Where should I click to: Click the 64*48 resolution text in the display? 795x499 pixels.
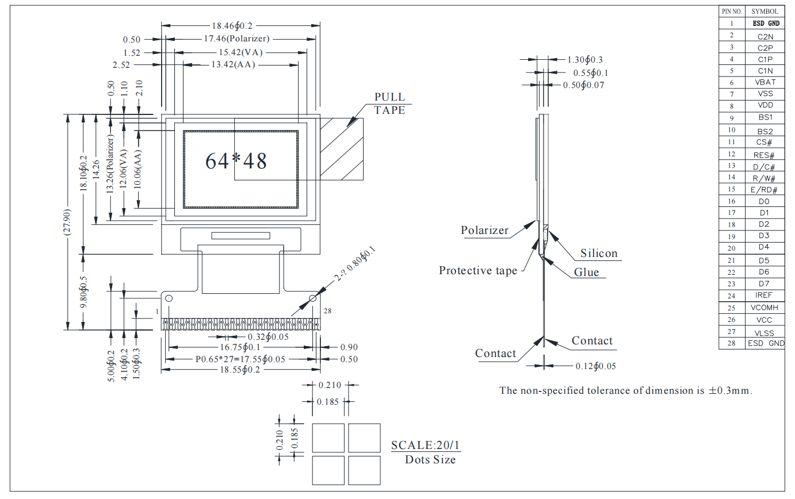coord(236,161)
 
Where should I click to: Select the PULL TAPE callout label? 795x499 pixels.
coord(389,103)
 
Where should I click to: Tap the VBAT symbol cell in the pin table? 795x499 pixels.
coord(765,82)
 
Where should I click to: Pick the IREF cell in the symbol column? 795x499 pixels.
coord(763,295)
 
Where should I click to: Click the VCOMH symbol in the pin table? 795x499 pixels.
coord(765,308)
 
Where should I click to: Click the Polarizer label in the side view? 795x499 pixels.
coord(484,231)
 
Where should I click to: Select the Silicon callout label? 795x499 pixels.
coord(598,253)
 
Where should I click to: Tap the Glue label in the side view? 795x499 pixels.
coord(586,272)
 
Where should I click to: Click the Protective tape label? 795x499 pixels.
coord(477,270)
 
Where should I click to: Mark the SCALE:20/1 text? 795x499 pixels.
coord(426,445)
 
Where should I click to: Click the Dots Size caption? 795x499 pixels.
coord(430,459)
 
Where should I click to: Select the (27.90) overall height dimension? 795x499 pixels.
coord(67,222)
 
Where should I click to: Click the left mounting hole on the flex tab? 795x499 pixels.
coord(169,298)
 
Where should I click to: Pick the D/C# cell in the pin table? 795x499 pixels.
coord(764,167)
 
